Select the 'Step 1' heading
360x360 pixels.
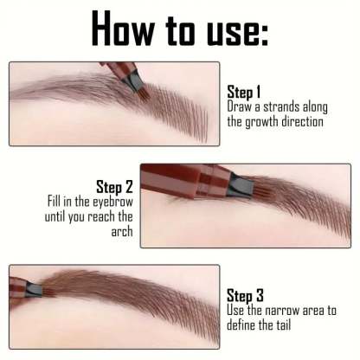243,91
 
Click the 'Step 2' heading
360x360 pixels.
115,186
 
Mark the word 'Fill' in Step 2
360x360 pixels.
58,202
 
